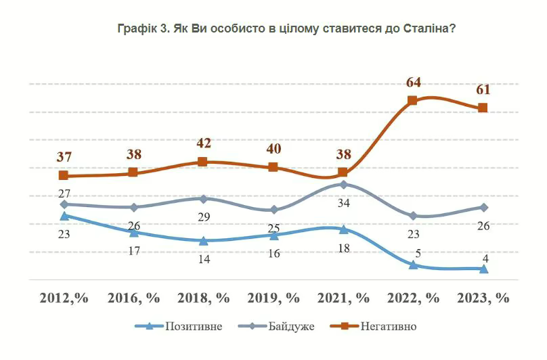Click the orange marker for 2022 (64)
412,101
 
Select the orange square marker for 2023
483,108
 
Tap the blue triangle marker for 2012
64,216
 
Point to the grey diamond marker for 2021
343,184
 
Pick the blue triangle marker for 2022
412,265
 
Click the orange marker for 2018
203,162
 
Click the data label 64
414,83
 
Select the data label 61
483,89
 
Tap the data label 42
204,143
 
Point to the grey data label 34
344,202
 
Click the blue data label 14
204,258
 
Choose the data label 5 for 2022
418,254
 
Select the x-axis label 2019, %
273,298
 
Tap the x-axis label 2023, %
483,298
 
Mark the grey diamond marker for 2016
134,207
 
